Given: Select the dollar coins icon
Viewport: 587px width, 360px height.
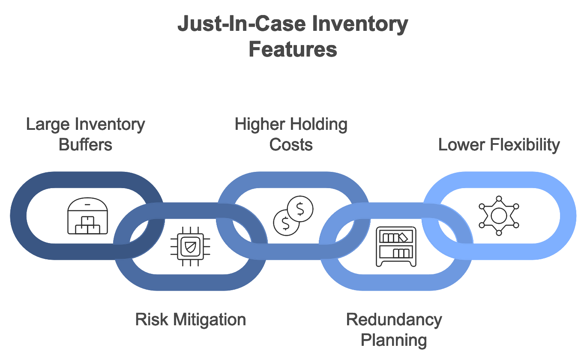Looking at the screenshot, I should click(293, 216).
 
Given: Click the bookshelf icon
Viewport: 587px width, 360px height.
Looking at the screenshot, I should click(396, 246).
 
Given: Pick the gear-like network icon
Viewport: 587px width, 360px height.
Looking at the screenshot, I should click(499, 216).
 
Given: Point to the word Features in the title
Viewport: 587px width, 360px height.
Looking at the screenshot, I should click(293, 49).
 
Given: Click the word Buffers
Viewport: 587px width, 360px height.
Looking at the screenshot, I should click(86, 144).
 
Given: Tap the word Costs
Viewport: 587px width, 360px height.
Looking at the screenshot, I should click(291, 144).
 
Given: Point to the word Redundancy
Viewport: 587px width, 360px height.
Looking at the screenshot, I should click(394, 320).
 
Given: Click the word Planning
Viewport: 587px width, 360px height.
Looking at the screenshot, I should click(394, 340).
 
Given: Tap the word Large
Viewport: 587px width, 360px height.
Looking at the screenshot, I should click(48, 124).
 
